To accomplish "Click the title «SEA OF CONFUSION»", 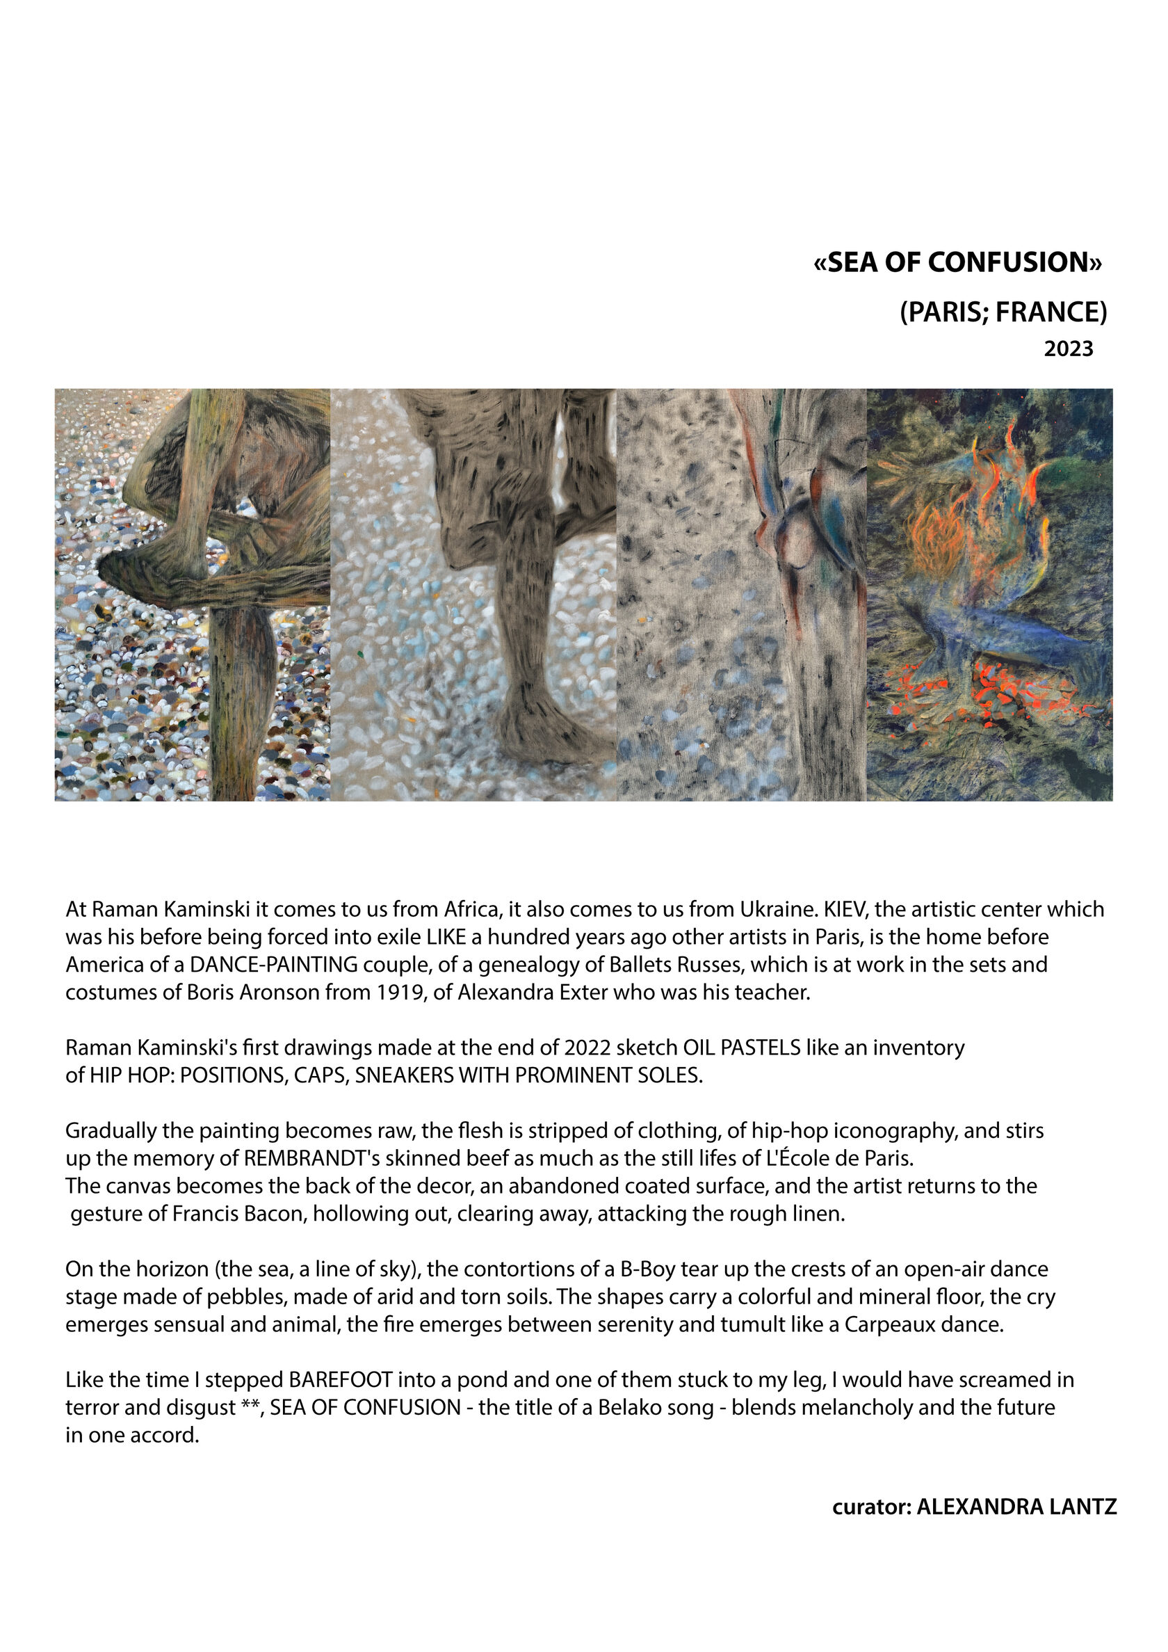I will (957, 263).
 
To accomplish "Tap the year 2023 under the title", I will (1068, 349).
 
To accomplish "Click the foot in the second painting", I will (546, 727).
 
